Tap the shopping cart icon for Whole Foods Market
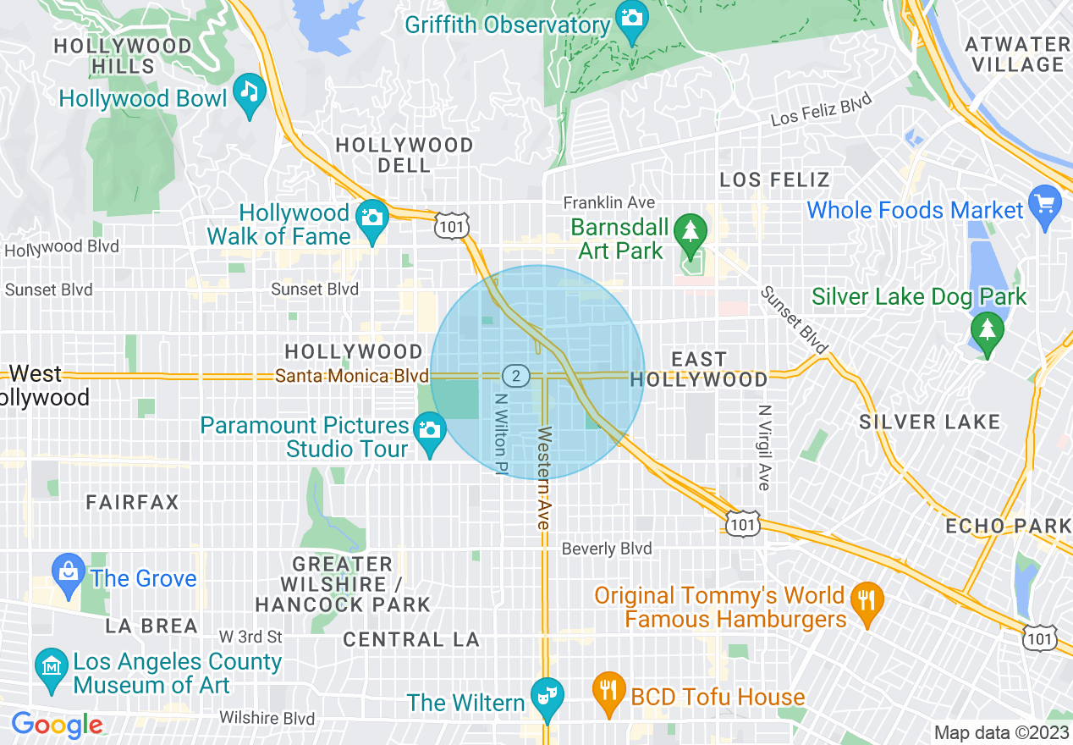[x=1045, y=207]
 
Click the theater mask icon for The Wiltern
[x=547, y=697]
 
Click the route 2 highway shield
[x=515, y=375]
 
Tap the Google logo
[x=57, y=725]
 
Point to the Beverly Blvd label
[x=607, y=549]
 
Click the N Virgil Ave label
[x=764, y=447]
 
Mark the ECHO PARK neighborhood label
[x=1008, y=526]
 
